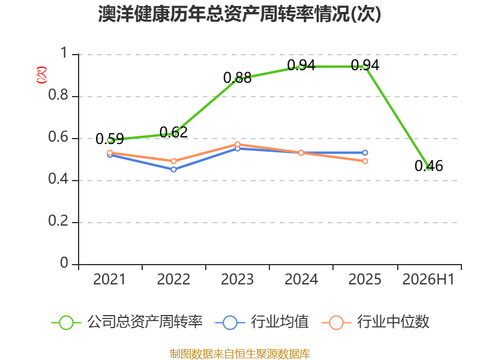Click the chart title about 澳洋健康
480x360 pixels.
(239, 14)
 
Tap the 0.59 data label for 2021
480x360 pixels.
(110, 139)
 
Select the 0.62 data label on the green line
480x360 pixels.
(173, 132)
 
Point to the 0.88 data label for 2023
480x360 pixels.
(237, 77)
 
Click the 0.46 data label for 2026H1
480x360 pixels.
(428, 166)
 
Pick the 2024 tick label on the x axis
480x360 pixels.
(301, 280)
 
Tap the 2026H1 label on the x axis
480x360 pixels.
(428, 280)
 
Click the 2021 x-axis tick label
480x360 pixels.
(109, 280)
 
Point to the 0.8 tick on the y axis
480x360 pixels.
(58, 95)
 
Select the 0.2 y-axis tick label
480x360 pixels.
(58, 221)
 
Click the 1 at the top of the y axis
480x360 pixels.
(64, 53)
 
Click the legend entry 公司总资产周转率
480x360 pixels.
(127, 322)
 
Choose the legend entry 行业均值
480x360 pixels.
(262, 322)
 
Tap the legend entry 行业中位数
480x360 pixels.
(376, 322)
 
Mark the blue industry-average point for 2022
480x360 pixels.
(173, 169)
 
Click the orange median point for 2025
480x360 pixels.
(365, 161)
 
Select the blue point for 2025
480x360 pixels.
(365, 153)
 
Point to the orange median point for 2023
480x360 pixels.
(237, 144)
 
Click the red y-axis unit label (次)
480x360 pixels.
(41, 75)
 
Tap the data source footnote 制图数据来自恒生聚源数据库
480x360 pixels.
(240, 354)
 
